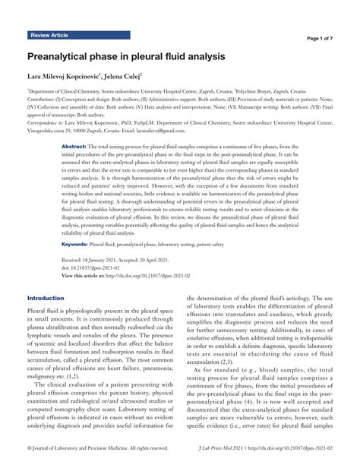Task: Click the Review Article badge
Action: click(49, 35)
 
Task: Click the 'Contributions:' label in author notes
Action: click(43, 99)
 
